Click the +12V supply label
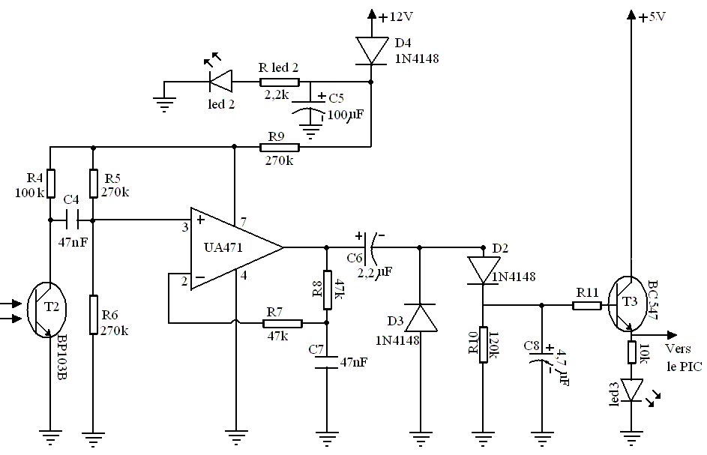coord(396,16)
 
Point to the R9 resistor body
coord(280,147)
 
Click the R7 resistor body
coord(282,323)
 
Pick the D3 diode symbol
coord(419,316)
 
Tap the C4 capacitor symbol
coord(73,220)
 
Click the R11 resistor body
coord(586,305)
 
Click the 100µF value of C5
coord(346,115)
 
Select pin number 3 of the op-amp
coord(184,227)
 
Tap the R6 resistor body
coord(92,315)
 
